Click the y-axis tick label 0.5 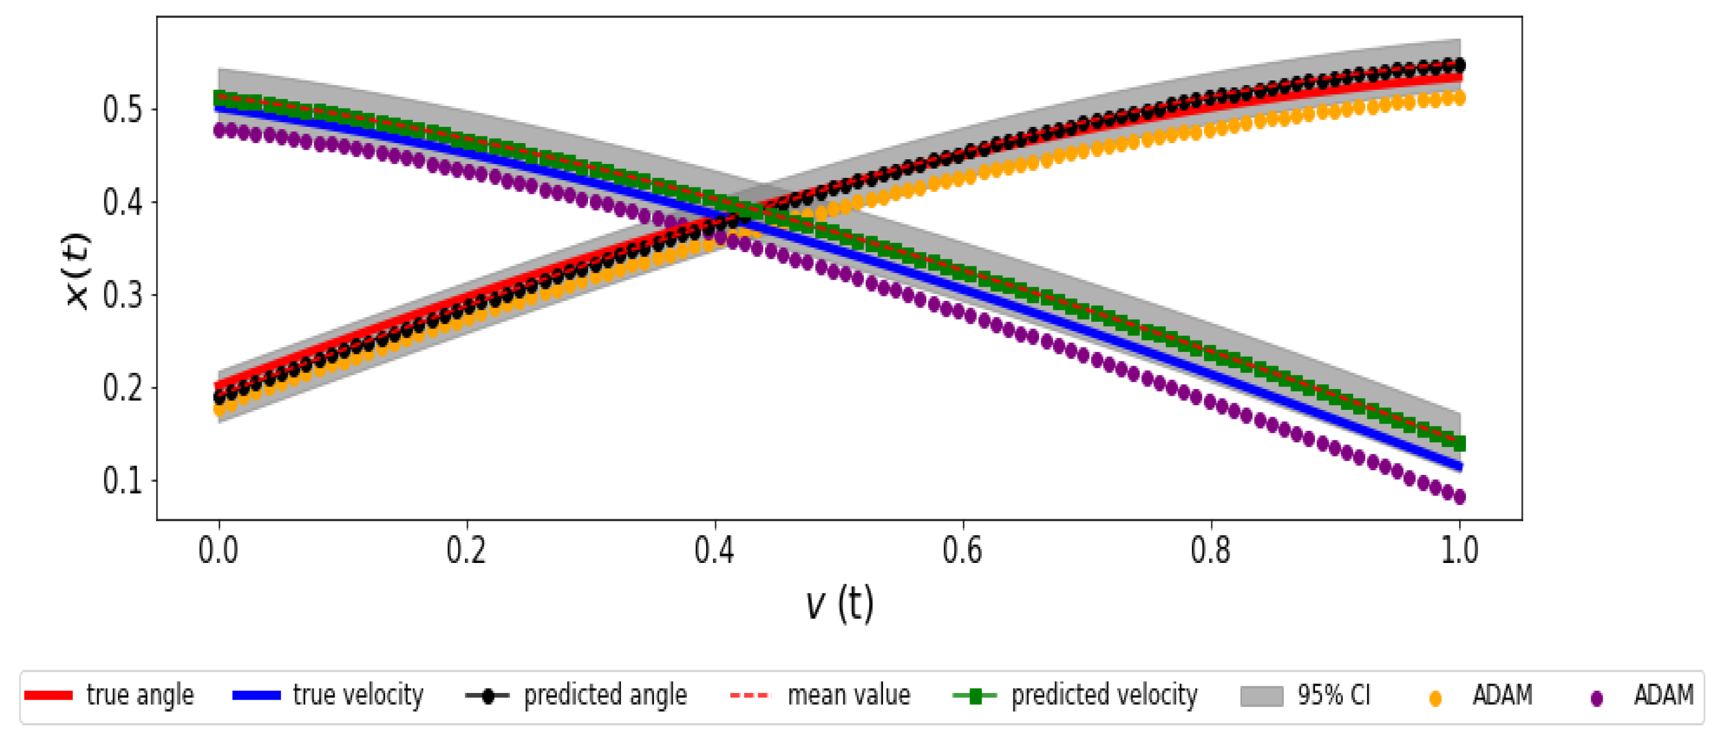123,110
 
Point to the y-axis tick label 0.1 123,480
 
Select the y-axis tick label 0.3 123,295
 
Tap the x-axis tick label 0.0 218,551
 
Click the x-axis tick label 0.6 962,551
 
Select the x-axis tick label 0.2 467,551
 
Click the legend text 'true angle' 140,696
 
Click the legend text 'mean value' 849,696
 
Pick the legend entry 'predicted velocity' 1104,696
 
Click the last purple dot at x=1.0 1459,497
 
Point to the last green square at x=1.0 1459,443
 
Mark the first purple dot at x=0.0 219,130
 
